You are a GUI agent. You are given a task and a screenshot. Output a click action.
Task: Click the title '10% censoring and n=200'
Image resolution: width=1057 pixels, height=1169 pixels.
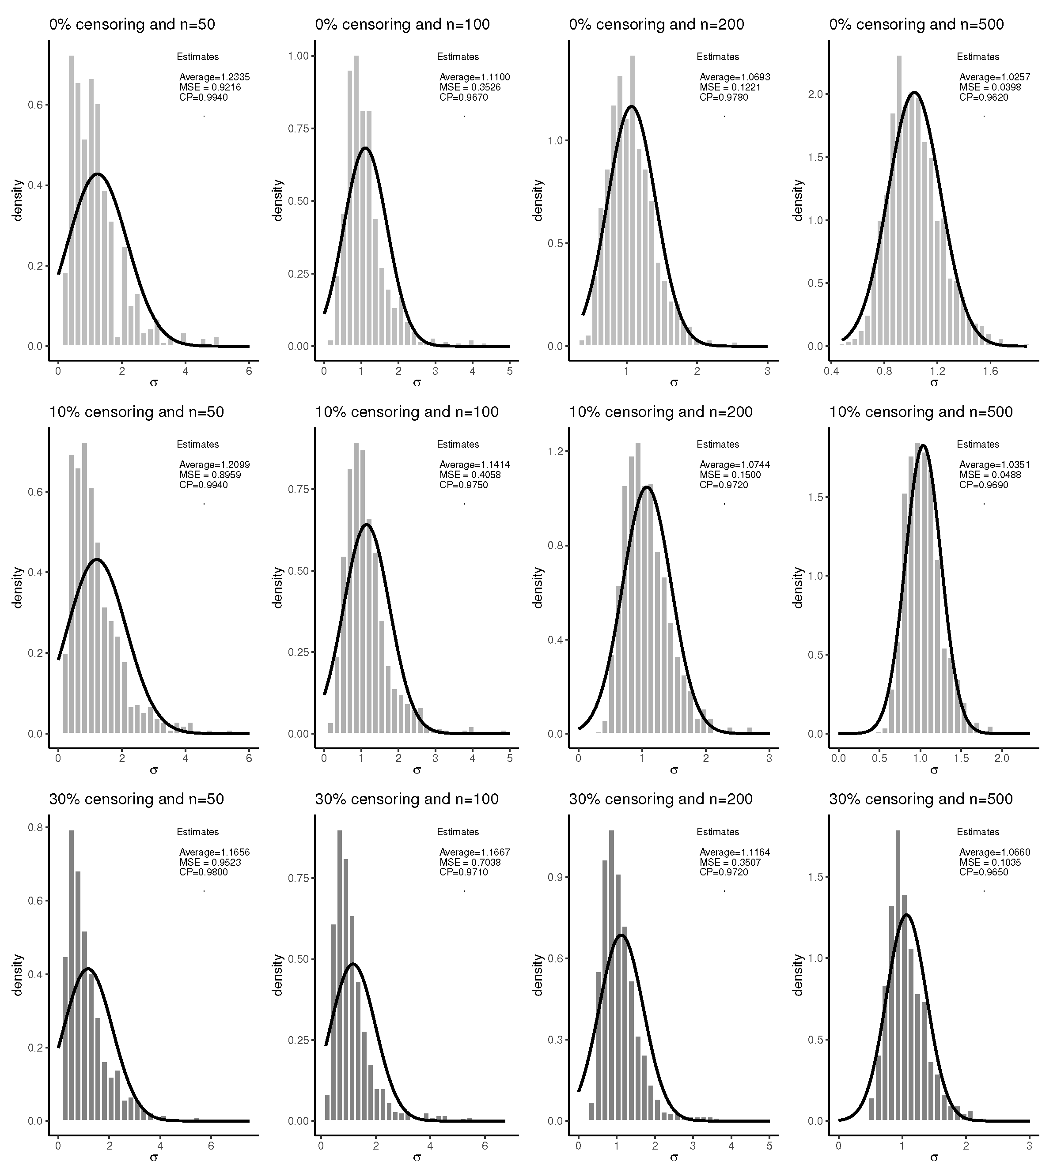pyautogui.click(x=660, y=412)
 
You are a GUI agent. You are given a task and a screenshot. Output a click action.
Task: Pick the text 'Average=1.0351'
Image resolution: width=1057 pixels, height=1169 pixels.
pyautogui.click(x=994, y=464)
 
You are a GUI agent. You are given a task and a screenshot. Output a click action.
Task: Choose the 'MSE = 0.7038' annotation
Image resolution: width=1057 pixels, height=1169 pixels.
pyautogui.click(x=470, y=862)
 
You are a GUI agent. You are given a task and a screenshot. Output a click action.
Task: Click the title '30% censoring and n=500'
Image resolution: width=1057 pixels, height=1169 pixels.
pyautogui.click(x=920, y=799)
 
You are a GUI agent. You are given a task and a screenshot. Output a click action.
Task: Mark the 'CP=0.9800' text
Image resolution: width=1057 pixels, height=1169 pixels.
pyautogui.click(x=203, y=872)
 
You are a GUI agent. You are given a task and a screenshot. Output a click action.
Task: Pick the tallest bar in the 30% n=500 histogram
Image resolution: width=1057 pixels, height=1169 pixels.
pyautogui.click(x=898, y=974)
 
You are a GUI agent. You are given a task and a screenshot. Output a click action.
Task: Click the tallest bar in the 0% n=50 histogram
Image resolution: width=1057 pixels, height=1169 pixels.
pyautogui.click(x=72, y=200)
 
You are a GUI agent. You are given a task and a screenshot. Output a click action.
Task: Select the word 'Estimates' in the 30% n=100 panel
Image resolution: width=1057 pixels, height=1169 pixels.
pyautogui.click(x=458, y=832)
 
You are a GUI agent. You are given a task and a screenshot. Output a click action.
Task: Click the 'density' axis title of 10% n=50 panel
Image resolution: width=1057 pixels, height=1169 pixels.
pyautogui.click(x=17, y=588)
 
